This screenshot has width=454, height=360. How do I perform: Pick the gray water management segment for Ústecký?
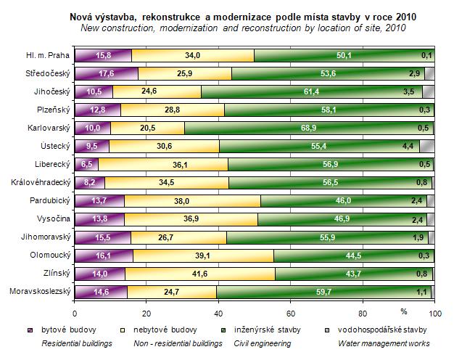(426, 146)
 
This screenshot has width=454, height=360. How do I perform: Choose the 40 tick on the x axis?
(218, 314)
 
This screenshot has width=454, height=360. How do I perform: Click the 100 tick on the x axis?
(434, 314)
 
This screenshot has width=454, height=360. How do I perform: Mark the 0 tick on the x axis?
(75, 314)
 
